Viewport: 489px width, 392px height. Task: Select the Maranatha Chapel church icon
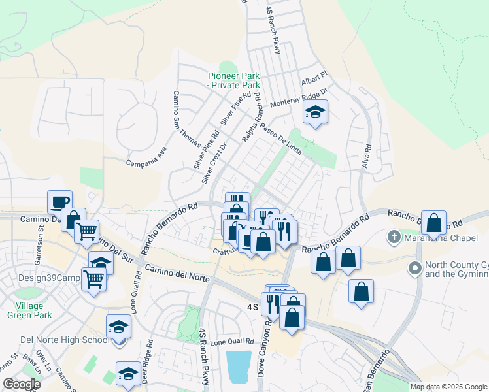tap(394, 237)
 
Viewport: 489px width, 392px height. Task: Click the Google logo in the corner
tap(21, 384)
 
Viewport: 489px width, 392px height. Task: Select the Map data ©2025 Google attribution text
tap(448, 387)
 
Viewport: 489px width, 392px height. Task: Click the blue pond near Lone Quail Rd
tap(239, 366)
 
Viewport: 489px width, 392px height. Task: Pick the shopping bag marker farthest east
tap(433, 223)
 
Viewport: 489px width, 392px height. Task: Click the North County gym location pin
tap(414, 268)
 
